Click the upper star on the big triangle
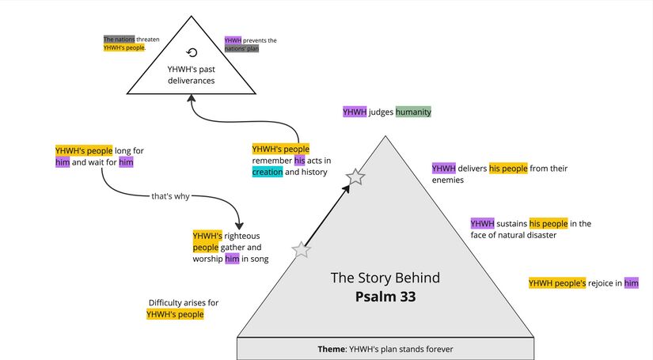pyautogui.click(x=355, y=177)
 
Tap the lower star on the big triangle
pyautogui.click(x=302, y=250)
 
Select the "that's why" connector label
pyautogui.click(x=170, y=196)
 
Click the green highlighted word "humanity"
pyautogui.click(x=413, y=112)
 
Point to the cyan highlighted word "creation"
pyautogui.click(x=268, y=172)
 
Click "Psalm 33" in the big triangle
pyautogui.click(x=385, y=297)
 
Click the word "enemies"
pyautogui.click(x=448, y=180)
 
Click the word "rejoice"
pyautogui.click(x=605, y=283)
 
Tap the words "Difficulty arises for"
pyautogui.click(x=184, y=302)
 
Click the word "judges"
pyautogui.click(x=381, y=112)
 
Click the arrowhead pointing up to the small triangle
pyautogui.click(x=191, y=99)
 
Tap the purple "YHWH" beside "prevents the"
pyautogui.click(x=233, y=40)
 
